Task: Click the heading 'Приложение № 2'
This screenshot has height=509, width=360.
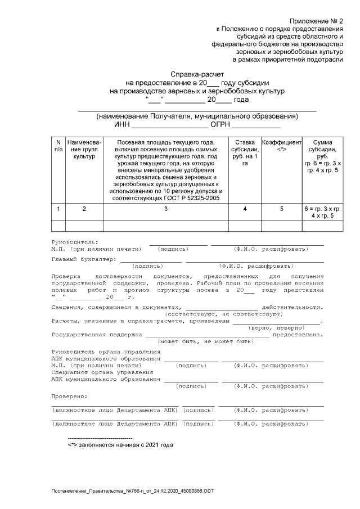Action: (317, 20)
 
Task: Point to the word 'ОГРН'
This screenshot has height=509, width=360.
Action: (220, 125)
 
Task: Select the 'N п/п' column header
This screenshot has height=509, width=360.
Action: (58, 146)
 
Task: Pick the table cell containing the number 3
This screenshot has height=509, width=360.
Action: (165, 209)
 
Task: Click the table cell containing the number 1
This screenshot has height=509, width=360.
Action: (58, 209)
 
